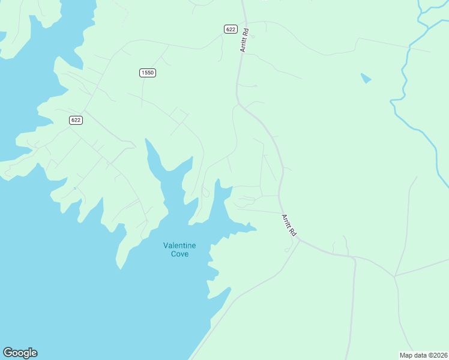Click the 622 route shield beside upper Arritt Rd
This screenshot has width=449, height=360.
click(231, 29)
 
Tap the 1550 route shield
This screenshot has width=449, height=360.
click(148, 73)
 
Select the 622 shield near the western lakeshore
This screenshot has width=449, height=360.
click(76, 120)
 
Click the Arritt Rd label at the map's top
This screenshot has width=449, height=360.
click(245, 39)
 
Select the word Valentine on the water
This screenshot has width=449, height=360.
click(179, 245)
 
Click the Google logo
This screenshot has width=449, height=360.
click(20, 353)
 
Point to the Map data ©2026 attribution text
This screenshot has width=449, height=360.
click(423, 355)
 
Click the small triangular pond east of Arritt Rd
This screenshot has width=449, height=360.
click(366, 78)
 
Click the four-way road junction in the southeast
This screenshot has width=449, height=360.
click(394, 277)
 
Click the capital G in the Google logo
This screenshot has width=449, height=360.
click(8, 353)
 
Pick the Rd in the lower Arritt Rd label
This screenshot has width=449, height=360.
click(293, 230)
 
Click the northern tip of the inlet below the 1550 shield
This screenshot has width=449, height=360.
click(146, 140)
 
